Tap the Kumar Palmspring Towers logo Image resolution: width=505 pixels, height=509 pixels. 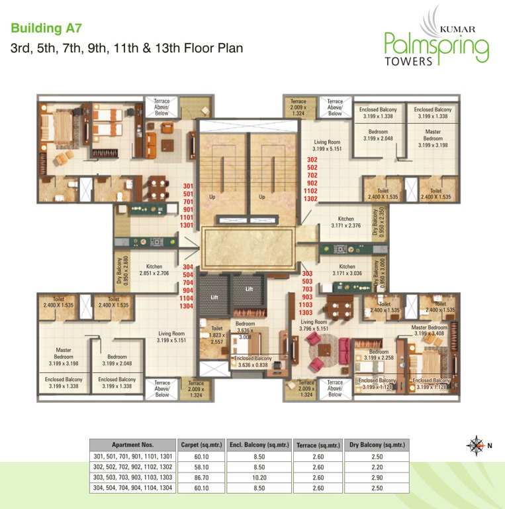(x=437, y=41)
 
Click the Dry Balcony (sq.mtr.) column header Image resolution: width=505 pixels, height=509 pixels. (x=376, y=445)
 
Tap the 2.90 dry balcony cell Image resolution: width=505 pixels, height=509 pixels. (x=376, y=476)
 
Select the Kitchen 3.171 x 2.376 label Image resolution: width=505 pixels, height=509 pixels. (x=345, y=222)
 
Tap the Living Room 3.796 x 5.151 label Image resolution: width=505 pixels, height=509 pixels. (x=314, y=325)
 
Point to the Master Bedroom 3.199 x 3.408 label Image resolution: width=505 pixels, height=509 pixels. (x=429, y=331)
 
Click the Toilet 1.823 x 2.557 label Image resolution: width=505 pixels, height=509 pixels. (x=216, y=335)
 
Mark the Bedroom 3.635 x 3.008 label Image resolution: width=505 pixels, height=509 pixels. (x=244, y=330)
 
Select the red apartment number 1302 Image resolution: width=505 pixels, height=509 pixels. (x=310, y=198)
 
